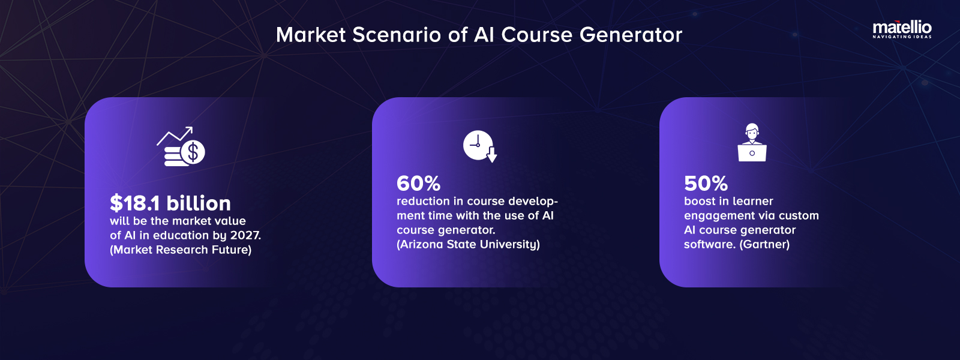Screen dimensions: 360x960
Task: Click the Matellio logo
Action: click(x=902, y=28)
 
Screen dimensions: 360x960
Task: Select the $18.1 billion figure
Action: click(x=170, y=203)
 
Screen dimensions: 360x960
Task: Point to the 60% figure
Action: click(x=418, y=183)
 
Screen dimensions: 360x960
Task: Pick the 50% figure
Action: click(x=706, y=183)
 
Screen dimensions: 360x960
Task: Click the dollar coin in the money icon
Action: click(x=193, y=152)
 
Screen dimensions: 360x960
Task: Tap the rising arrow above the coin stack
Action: click(x=175, y=136)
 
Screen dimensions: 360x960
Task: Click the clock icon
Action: click(x=478, y=145)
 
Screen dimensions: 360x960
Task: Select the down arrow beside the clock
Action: click(x=492, y=156)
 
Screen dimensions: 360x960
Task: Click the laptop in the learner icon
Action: click(x=752, y=154)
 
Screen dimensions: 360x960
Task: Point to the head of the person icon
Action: click(x=752, y=130)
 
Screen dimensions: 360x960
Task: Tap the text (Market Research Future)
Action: click(x=181, y=250)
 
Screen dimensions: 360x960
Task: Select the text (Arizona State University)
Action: click(x=468, y=244)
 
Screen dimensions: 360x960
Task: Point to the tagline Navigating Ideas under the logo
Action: click(x=902, y=37)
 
